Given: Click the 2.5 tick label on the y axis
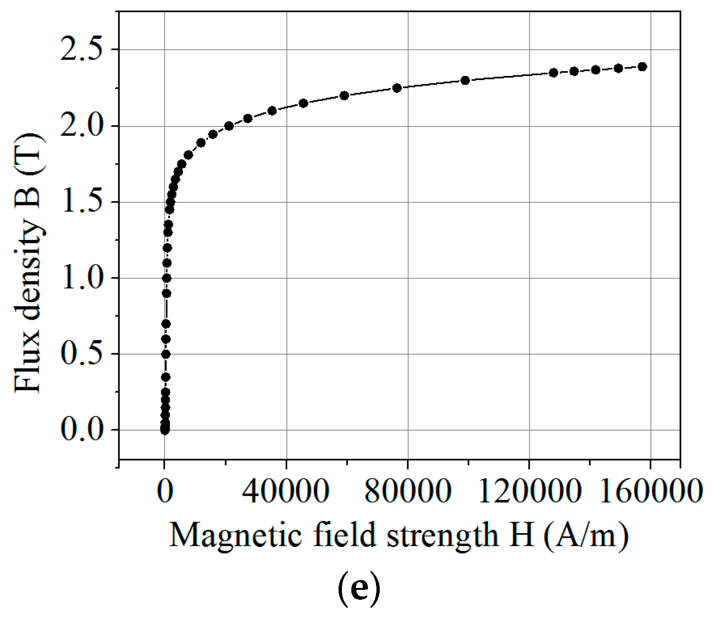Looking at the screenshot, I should (81, 50).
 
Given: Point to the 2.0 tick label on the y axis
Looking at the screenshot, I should (81, 126).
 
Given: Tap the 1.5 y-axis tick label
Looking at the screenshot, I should (81, 202).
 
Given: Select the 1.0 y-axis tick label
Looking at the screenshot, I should (81, 278).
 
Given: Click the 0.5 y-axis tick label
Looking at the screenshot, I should (81, 354).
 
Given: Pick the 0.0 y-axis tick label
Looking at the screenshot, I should (81, 430).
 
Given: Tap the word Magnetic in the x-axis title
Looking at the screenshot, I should (235, 536).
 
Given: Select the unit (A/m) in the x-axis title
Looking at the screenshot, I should (586, 536).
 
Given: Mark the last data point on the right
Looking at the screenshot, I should (642, 67).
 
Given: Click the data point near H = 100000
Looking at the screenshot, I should (465, 80).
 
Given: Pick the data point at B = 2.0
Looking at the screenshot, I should (229, 126).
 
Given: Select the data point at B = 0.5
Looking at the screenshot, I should (166, 354).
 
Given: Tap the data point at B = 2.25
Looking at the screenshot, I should (397, 88).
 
